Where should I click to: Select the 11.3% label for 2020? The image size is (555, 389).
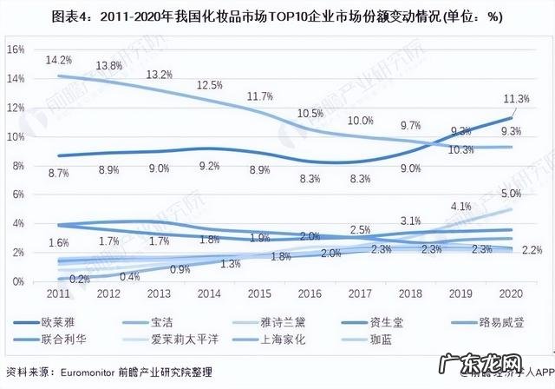[x=518, y=99]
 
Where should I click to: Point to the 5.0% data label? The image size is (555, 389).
[x=512, y=194]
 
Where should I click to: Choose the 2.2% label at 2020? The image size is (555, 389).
[x=532, y=250]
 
